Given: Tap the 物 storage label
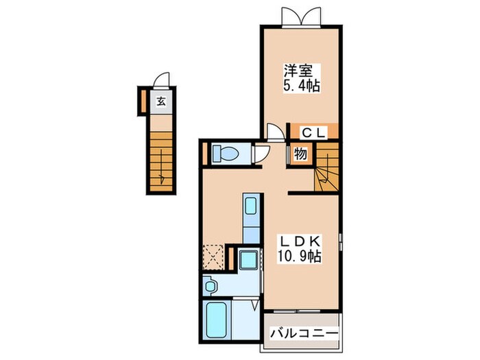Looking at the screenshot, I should coord(300,154).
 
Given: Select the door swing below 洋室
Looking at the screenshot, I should coord(274,132).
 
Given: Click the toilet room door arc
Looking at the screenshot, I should coord(259,154).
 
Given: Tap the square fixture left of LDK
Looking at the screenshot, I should coord(248,261).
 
